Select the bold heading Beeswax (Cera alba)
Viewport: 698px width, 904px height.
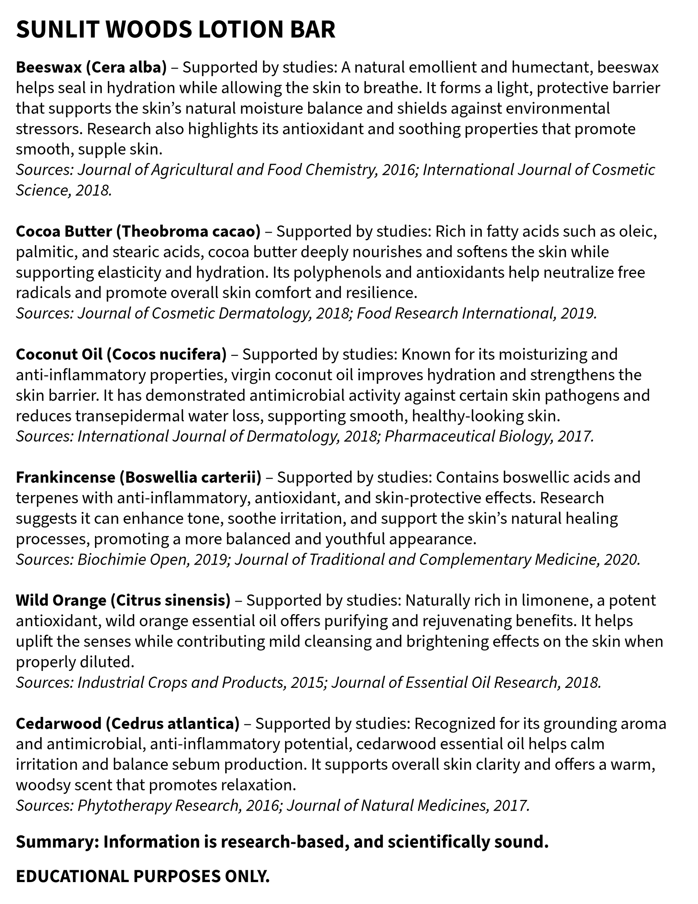click(91, 67)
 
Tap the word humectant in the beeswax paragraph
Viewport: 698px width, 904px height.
click(552, 67)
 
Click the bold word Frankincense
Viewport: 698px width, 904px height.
click(65, 477)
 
